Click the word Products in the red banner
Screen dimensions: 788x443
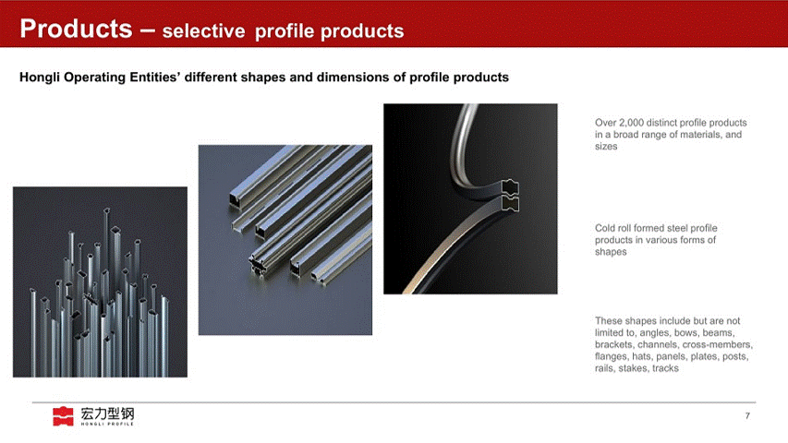click(x=76, y=29)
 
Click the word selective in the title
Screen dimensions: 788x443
click(x=203, y=31)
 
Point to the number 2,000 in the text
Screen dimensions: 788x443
click(x=631, y=123)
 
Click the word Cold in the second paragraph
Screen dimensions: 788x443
click(x=605, y=228)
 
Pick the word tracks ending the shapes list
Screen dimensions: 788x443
click(x=665, y=368)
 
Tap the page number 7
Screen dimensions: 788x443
click(x=747, y=416)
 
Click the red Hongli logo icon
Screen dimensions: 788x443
click(x=63, y=416)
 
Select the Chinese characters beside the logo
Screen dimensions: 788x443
click(x=107, y=413)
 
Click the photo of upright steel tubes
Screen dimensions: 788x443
click(x=100, y=282)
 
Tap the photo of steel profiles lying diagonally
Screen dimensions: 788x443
click(x=285, y=240)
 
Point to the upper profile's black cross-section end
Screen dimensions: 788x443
click(x=510, y=187)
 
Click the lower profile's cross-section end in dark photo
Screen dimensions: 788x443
click(x=511, y=203)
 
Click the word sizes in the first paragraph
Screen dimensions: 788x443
click(x=606, y=147)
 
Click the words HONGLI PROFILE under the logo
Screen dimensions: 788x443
click(x=107, y=424)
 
